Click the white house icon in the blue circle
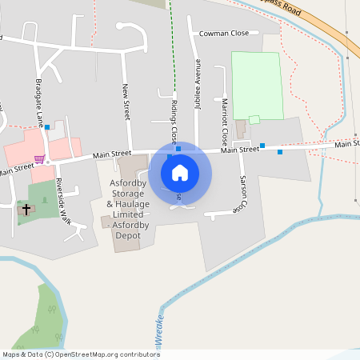(180, 173)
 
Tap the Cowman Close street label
(224, 34)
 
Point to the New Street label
(126, 102)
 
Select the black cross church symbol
(26, 210)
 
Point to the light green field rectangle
(257, 84)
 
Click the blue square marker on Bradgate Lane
(47, 127)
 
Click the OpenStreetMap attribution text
(81, 354)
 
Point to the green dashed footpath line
(172, 48)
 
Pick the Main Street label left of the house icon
(111, 154)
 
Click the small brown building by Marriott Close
(241, 129)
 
